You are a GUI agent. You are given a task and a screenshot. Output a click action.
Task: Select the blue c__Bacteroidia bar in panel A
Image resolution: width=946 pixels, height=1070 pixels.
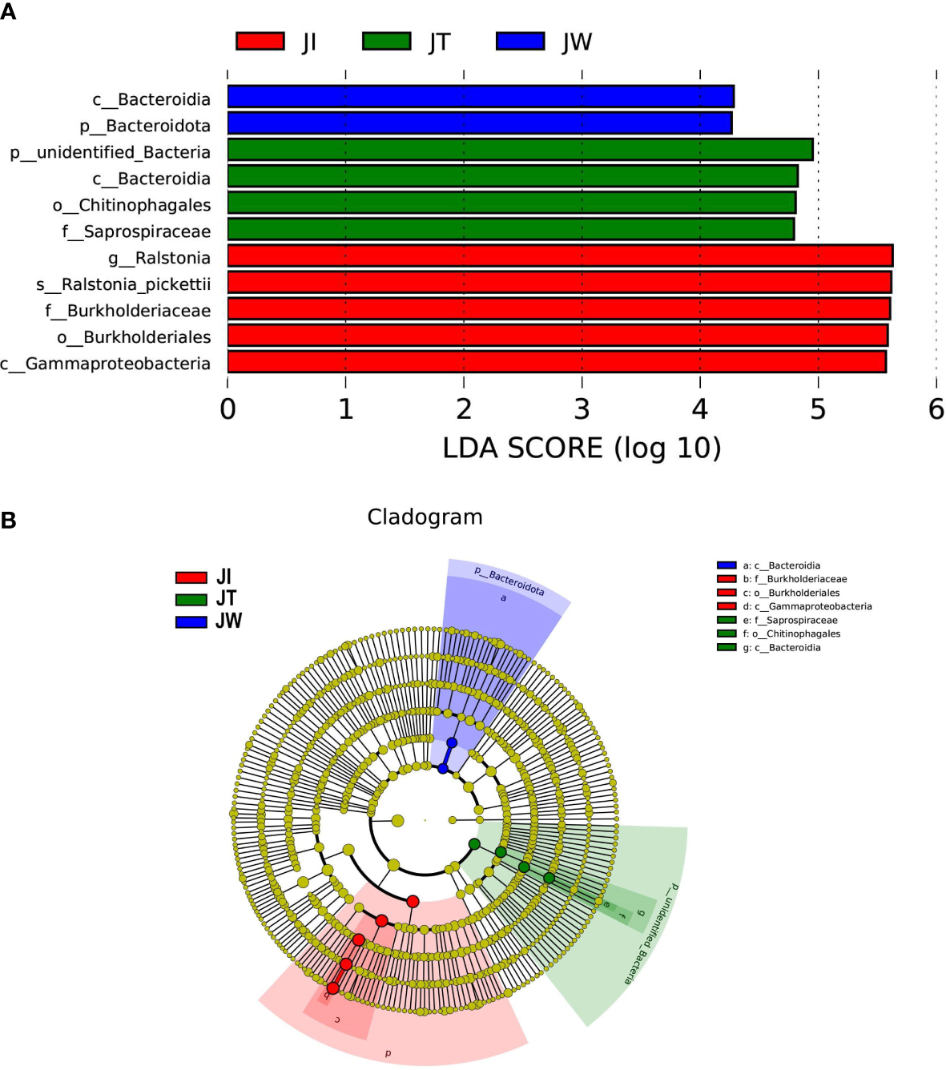point(481,97)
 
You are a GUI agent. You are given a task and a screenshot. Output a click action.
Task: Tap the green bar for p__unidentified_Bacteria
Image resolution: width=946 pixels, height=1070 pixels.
point(520,150)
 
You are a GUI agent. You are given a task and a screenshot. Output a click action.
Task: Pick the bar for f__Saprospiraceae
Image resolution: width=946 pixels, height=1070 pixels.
point(510,230)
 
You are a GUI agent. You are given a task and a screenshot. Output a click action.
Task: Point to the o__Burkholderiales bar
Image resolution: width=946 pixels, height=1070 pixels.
point(558,336)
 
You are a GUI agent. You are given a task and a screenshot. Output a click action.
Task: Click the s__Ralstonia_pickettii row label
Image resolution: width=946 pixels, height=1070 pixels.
point(123,284)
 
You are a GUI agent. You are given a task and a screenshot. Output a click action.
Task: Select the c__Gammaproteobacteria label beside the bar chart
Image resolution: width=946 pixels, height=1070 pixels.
point(105,364)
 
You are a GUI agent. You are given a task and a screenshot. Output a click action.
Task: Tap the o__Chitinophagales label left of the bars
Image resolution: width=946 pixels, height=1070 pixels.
point(131,205)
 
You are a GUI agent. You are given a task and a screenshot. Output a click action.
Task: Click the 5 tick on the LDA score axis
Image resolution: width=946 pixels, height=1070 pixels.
point(818,409)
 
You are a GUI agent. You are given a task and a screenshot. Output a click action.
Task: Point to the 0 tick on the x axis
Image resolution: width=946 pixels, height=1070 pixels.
point(228,409)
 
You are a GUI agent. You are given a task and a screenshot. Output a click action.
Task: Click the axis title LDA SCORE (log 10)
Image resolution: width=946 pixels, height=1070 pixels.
point(582,448)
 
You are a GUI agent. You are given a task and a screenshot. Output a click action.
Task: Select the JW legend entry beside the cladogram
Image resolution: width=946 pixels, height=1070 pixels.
point(209,621)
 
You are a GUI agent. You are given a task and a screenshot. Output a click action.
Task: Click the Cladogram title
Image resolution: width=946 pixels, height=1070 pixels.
point(425,517)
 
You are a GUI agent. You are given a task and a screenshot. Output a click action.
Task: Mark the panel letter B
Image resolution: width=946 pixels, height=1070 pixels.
point(9,521)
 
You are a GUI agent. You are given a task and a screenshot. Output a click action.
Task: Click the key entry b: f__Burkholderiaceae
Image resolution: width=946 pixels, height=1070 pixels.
point(794,579)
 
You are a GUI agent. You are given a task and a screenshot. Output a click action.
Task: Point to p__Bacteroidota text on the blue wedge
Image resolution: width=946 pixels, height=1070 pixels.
point(509,581)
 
